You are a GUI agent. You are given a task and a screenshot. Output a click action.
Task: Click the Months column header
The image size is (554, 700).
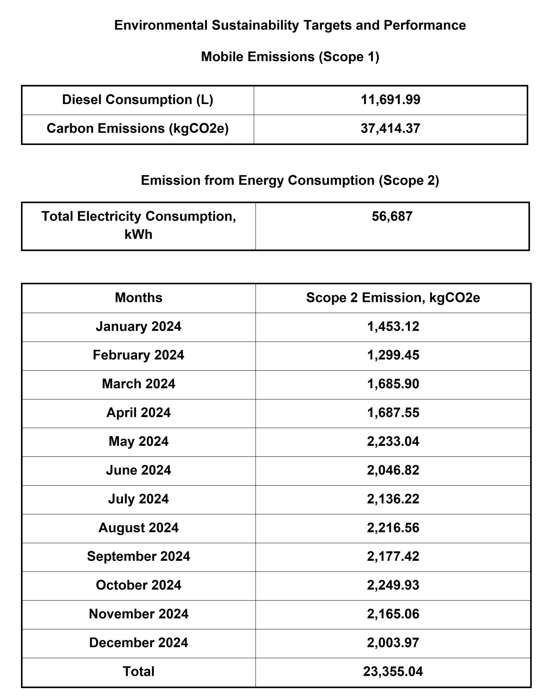tap(139, 297)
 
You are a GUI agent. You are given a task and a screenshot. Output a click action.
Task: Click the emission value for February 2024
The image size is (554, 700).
tap(393, 355)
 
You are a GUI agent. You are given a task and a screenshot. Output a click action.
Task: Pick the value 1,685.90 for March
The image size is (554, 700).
tap(393, 384)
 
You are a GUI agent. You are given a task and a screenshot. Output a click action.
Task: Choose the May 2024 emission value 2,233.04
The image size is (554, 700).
tap(393, 441)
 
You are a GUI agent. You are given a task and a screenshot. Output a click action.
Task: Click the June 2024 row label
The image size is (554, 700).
tap(139, 470)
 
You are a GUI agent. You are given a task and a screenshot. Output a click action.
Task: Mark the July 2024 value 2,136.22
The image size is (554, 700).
tap(393, 499)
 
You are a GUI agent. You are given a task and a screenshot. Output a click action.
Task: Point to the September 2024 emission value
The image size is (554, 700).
tap(393, 556)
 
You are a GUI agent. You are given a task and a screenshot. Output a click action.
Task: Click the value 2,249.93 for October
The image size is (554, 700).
tap(393, 585)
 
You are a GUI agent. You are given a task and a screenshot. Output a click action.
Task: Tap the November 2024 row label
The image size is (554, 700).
tap(139, 614)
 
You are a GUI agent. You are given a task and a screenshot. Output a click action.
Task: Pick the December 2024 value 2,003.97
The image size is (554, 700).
tap(393, 643)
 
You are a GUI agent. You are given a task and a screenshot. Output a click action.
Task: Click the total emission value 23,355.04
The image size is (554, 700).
tap(393, 671)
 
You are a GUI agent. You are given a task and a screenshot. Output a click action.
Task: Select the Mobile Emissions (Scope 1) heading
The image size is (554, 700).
tap(290, 57)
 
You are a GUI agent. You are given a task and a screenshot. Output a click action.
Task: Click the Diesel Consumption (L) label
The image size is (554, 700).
tap(138, 100)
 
